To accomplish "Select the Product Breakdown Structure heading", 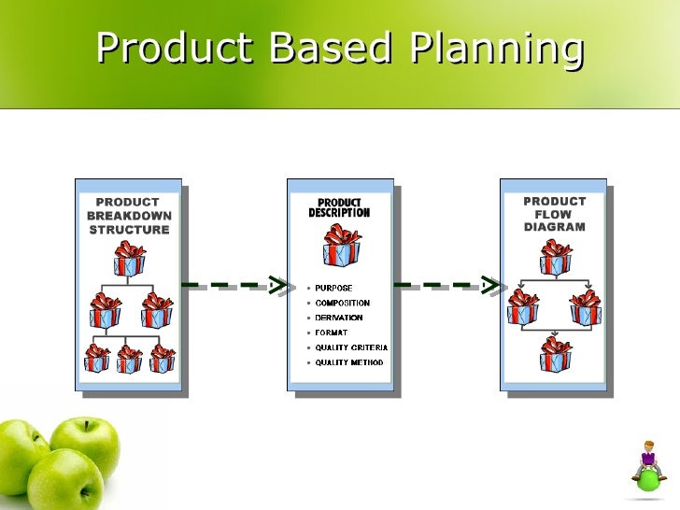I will click(x=129, y=216).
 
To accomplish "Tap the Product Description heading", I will click(x=339, y=207).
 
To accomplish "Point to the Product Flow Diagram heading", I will click(x=555, y=214).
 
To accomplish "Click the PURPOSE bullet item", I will click(x=333, y=289).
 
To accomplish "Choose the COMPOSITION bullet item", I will click(x=342, y=304).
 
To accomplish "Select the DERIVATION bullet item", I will click(x=339, y=319).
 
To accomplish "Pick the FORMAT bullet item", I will click(x=331, y=333).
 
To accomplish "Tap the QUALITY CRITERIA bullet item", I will click(x=350, y=347).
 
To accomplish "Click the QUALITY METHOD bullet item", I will click(x=348, y=362).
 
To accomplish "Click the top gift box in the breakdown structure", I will click(x=130, y=259).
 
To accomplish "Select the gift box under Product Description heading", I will click(x=342, y=245).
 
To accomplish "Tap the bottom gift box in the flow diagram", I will click(x=556, y=354).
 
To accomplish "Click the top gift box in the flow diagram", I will click(x=556, y=256).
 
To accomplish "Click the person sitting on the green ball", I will click(x=648, y=461).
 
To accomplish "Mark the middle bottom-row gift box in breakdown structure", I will click(x=129, y=358).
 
